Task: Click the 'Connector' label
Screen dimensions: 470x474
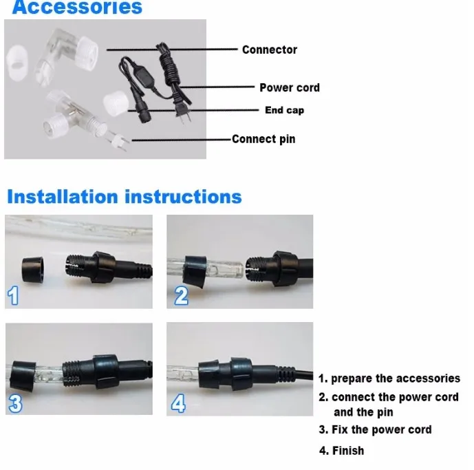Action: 270,50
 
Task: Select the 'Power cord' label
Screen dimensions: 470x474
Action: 289,87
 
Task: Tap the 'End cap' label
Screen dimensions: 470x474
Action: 284,110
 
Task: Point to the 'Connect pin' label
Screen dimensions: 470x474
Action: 263,139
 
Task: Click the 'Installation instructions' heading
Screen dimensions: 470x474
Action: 125,197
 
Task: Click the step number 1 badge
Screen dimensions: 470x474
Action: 14,297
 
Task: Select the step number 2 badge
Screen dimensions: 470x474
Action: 180,296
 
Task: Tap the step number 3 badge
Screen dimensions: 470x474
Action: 14,403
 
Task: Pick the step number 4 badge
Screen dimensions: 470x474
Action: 179,403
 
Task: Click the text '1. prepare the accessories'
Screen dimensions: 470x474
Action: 389,378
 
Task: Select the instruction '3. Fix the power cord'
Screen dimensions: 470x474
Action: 375,429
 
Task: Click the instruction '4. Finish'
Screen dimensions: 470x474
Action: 341,451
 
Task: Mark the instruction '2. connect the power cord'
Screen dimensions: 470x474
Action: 389,398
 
